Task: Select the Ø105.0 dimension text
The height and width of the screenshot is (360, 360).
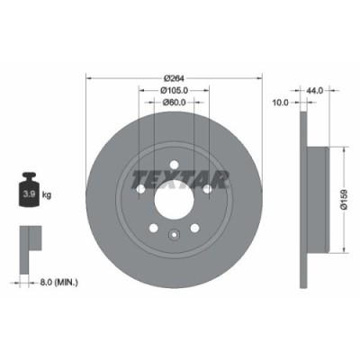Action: (x=173, y=90)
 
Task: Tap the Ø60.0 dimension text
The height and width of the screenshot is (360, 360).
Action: (x=173, y=103)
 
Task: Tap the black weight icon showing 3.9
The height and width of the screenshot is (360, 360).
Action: (x=27, y=192)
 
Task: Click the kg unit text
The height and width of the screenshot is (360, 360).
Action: (x=47, y=193)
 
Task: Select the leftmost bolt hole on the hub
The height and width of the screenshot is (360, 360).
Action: (x=140, y=189)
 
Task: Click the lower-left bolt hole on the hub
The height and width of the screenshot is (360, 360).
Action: (x=153, y=228)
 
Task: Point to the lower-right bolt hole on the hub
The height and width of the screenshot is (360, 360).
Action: (x=193, y=228)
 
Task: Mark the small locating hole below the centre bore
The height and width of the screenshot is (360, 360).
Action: (x=173, y=236)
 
